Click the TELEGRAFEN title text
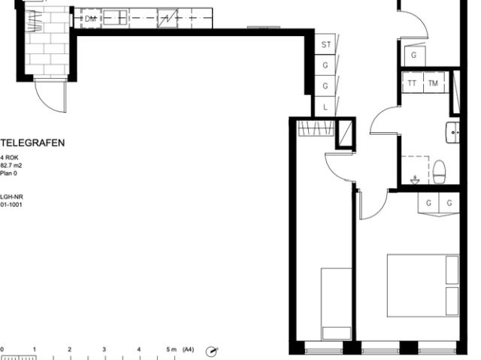coord(32,143)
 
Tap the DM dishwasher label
coord(90,19)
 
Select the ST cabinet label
coord(325,45)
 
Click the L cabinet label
coord(325,107)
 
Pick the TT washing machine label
coord(412,83)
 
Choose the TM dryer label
coord(433,83)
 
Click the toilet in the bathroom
coord(439,171)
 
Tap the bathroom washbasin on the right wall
coord(452,132)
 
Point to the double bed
coord(423,285)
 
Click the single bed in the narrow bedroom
coord(336,304)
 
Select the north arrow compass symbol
coord(211,352)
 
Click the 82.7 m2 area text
coord(11,165)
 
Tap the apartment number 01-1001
coord(11,204)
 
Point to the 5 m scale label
coord(171,349)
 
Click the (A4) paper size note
coord(188,349)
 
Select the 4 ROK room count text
coord(9,158)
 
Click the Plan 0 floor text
coord(8,174)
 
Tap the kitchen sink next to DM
coord(115,18)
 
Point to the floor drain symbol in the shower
coord(415,180)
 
